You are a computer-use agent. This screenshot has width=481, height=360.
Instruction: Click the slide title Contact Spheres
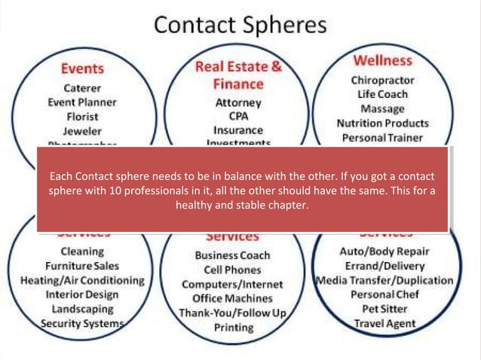click(x=240, y=26)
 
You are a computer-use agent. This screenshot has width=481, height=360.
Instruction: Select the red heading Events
click(x=83, y=69)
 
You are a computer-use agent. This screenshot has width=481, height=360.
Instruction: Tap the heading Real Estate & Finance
click(x=239, y=75)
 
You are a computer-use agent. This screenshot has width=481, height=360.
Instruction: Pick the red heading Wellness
click(x=382, y=59)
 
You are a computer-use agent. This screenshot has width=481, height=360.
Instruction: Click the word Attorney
click(x=239, y=102)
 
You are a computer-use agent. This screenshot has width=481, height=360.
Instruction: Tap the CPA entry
click(x=239, y=116)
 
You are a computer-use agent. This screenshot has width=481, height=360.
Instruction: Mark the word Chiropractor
click(x=382, y=79)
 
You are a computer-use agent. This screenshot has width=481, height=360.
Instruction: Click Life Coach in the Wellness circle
click(x=382, y=93)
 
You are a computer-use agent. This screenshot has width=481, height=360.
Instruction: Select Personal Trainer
click(x=382, y=138)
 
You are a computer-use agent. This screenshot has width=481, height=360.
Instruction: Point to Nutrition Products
click(x=382, y=123)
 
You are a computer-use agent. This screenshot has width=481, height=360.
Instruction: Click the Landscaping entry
click(x=82, y=308)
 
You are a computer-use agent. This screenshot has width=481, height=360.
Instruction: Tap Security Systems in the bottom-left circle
click(x=82, y=322)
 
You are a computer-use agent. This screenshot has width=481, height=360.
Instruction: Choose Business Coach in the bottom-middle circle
click(x=232, y=255)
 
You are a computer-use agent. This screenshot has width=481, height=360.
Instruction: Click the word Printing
click(x=234, y=328)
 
